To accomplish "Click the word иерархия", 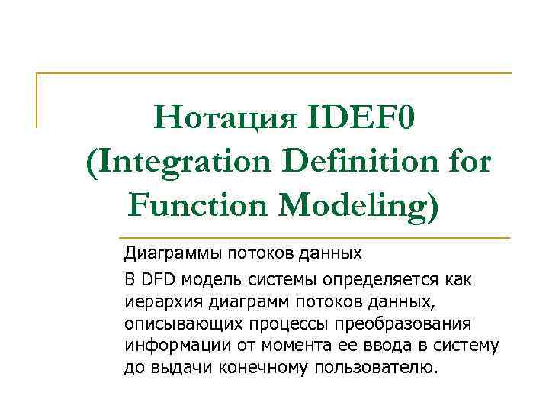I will (157, 302).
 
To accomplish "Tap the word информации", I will (167, 346).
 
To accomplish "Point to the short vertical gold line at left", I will (37, 100).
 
